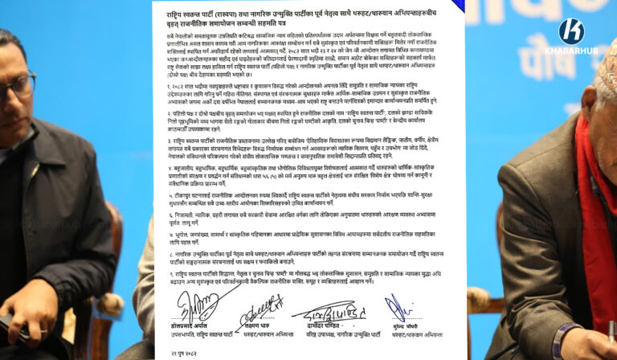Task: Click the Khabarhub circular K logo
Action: click(571, 31)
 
